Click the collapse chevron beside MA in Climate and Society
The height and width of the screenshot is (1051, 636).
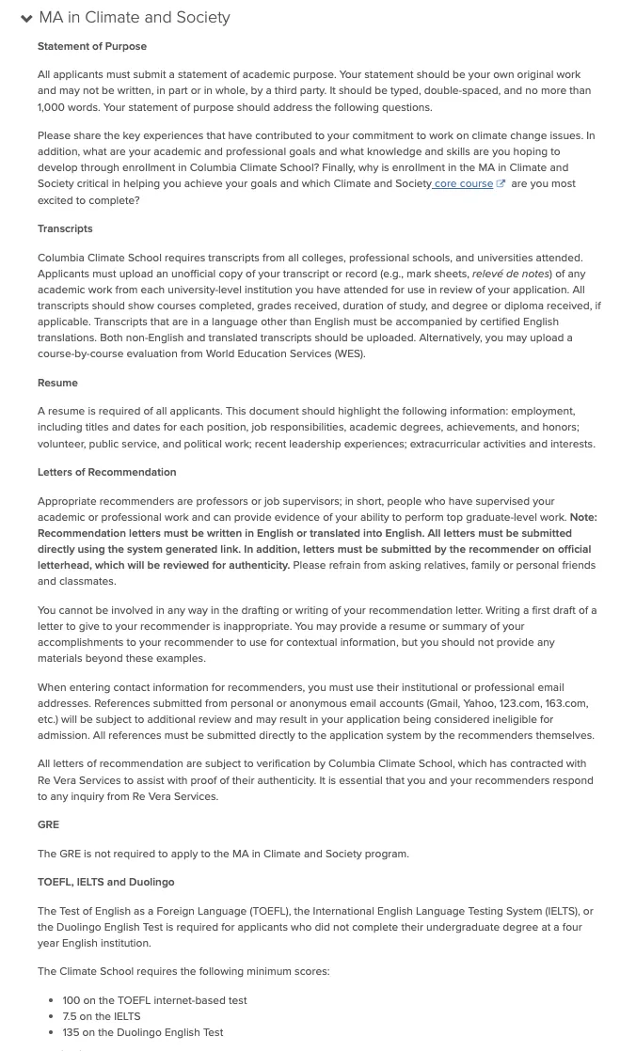[x=26, y=19]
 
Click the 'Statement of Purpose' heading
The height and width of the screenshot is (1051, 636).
[x=92, y=46]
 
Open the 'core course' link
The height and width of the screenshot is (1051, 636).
[x=463, y=184]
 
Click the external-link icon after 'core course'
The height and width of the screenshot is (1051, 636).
[x=501, y=184]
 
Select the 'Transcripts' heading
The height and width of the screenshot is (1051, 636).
[x=65, y=228]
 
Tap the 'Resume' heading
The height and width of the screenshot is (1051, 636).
[x=57, y=383]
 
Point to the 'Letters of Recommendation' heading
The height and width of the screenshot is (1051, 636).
[x=106, y=472]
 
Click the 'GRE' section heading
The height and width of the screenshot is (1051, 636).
[x=48, y=824]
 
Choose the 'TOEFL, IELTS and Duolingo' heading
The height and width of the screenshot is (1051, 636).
[x=105, y=882]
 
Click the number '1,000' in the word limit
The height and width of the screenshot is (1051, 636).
[x=52, y=107]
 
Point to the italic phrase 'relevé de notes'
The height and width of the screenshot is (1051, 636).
[x=511, y=274]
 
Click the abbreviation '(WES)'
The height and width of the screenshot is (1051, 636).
[x=349, y=353]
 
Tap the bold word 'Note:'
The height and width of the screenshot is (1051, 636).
[x=582, y=517]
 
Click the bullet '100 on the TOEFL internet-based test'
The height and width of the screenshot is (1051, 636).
[x=154, y=1000]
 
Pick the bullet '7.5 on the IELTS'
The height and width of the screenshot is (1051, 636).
[x=102, y=1016]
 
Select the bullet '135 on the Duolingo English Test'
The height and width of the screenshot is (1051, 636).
[x=143, y=1032]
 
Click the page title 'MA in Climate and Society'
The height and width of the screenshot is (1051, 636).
[x=135, y=18]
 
